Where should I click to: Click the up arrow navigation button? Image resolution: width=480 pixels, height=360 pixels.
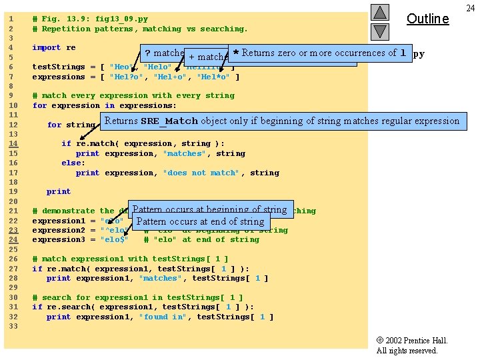click(379, 12)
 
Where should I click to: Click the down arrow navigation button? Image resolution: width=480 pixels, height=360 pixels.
click(379, 31)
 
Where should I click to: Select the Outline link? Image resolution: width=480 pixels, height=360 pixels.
click(427, 19)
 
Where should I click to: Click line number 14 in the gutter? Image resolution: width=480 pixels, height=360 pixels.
click(13, 143)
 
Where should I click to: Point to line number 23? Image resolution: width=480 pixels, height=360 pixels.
click(13, 230)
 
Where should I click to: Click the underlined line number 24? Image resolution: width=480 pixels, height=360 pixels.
click(13, 239)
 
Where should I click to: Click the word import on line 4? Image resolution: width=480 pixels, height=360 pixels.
click(46, 47)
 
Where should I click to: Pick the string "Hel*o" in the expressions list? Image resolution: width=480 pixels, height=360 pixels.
click(214, 77)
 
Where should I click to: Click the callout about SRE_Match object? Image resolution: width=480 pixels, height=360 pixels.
click(281, 121)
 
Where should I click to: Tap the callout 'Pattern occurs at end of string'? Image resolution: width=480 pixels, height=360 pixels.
click(200, 221)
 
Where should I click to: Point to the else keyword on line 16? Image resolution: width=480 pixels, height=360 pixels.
click(73, 163)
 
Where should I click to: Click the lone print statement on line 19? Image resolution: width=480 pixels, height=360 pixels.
click(59, 191)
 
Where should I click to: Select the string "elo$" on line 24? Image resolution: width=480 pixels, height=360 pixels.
click(114, 239)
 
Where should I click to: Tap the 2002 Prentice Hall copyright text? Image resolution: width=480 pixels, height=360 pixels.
click(411, 341)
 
